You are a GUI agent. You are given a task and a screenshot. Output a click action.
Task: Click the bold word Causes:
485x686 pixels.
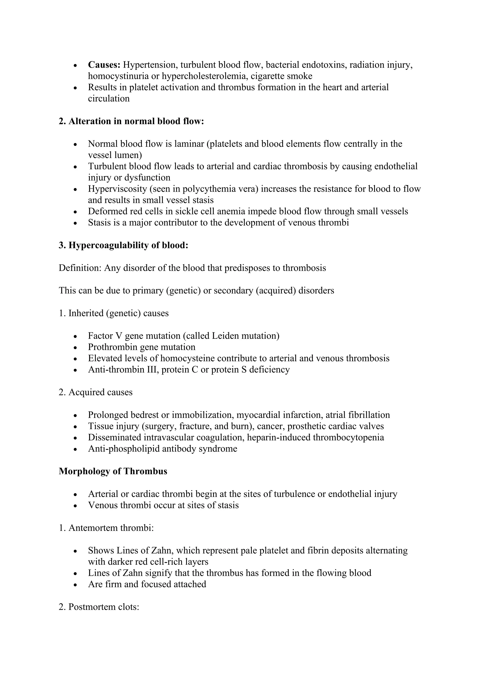tap(104, 65)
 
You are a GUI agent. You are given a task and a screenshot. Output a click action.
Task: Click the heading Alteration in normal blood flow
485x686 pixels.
tap(131, 121)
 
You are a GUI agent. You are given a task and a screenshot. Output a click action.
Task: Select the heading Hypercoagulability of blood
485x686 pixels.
tap(124, 245)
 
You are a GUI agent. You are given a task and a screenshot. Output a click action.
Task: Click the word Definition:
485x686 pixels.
tap(80, 268)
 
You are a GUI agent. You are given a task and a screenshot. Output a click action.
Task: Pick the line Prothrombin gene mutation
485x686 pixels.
tap(142, 347)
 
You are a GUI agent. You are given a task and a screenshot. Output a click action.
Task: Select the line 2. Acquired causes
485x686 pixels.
tap(96, 392)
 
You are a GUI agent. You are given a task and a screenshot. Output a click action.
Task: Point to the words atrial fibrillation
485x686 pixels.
tap(358, 415)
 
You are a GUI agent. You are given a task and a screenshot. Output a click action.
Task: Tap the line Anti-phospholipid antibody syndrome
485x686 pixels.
tap(162, 449)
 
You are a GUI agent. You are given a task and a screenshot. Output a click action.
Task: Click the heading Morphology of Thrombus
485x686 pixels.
tap(113, 471)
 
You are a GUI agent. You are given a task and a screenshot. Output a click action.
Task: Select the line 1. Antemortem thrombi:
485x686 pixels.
tap(106, 528)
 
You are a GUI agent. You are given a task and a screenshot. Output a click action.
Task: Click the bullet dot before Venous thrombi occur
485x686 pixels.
tap(76, 506)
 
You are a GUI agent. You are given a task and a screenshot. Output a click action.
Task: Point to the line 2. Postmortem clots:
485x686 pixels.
tap(99, 607)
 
